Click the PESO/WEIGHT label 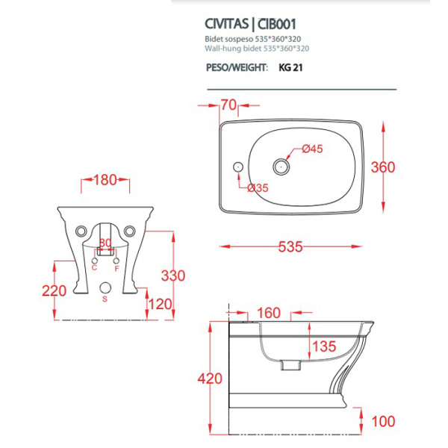tap(237, 67)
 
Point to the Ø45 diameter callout tap(312, 149)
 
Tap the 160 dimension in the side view tap(269, 313)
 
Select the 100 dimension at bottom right tap(382, 423)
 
